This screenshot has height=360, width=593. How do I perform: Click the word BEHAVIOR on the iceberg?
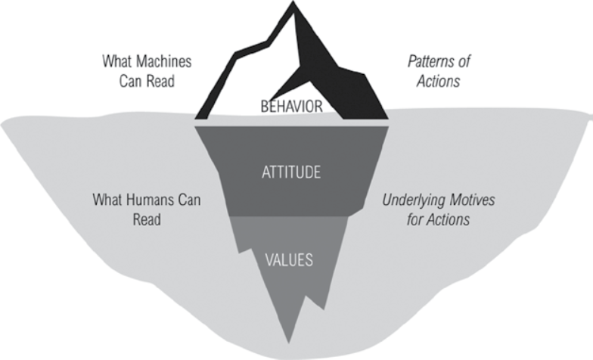tap(291, 107)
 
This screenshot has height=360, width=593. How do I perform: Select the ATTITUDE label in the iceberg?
tap(291, 173)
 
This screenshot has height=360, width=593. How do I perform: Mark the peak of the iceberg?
tap(292, 4)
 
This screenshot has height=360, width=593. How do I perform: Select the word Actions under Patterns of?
tap(437, 79)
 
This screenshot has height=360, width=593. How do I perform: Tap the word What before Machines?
tap(117, 61)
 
